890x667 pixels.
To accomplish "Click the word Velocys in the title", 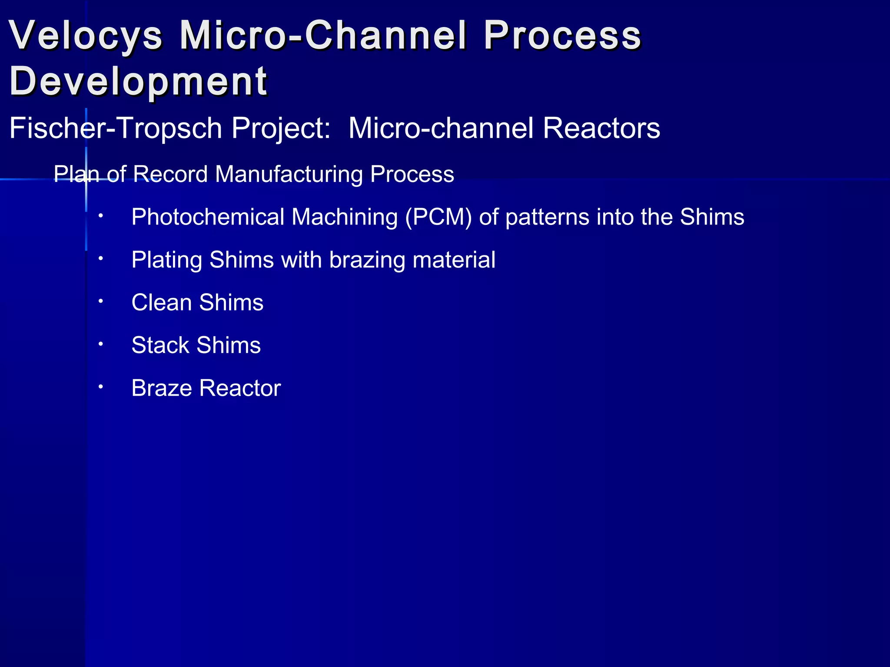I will [86, 36].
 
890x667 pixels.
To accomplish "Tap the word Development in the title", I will [138, 82].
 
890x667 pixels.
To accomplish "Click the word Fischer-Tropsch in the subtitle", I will [116, 129].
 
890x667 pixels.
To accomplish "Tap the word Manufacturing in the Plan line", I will [289, 175].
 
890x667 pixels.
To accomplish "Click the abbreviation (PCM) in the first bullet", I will [438, 217].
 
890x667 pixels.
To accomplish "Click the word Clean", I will [162, 302].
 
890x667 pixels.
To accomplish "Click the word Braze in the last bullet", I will [161, 388].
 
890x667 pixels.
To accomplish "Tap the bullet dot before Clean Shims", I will [100, 300].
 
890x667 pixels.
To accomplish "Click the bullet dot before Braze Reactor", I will [100, 386].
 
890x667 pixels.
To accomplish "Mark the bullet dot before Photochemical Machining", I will [100, 215].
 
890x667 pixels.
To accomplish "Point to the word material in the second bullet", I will [454, 260].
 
